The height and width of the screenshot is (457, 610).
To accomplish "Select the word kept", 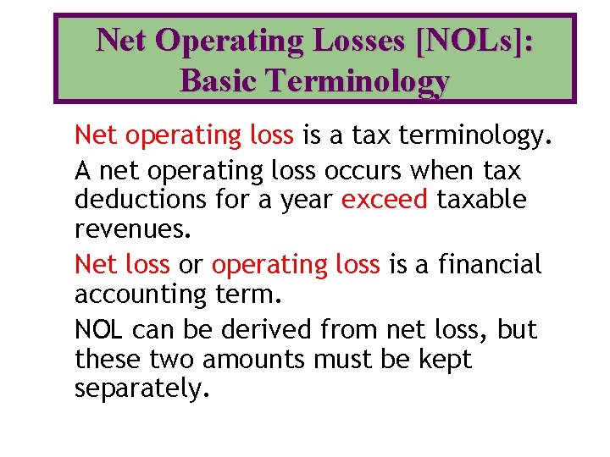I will click(445, 359).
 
